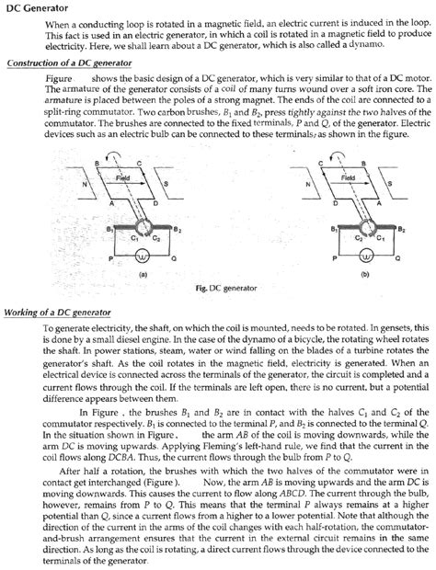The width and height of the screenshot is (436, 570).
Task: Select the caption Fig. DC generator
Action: pos(217,289)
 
